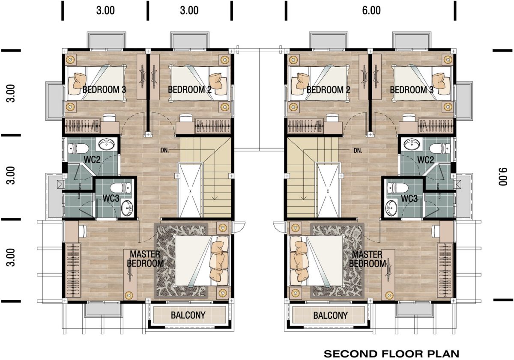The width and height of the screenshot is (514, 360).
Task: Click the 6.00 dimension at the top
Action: point(371,11)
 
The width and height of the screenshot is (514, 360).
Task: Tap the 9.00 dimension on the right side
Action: point(502,176)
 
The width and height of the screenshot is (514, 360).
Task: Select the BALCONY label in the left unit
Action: point(188,315)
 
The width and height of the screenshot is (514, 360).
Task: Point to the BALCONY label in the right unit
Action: point(330,315)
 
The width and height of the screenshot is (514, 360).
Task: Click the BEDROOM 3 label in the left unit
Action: point(104,89)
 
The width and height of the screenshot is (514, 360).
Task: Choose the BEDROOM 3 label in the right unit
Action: point(412,89)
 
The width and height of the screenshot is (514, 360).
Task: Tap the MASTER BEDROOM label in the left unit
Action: point(145,259)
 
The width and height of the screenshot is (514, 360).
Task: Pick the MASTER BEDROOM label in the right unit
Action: point(368,259)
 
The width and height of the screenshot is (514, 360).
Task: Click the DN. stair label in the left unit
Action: point(164,150)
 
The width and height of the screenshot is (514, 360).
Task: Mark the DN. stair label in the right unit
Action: point(358,150)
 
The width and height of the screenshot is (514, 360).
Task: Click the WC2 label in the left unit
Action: point(92,160)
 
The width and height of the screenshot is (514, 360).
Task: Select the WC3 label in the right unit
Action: point(409,199)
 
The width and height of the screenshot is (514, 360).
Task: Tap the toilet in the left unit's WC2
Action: point(78,149)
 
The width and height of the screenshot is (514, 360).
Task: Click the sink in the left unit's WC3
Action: point(127,208)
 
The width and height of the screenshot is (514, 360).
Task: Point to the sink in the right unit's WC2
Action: point(412,144)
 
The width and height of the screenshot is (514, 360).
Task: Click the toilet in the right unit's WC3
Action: point(397,188)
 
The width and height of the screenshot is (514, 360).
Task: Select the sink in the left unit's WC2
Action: point(107,144)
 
